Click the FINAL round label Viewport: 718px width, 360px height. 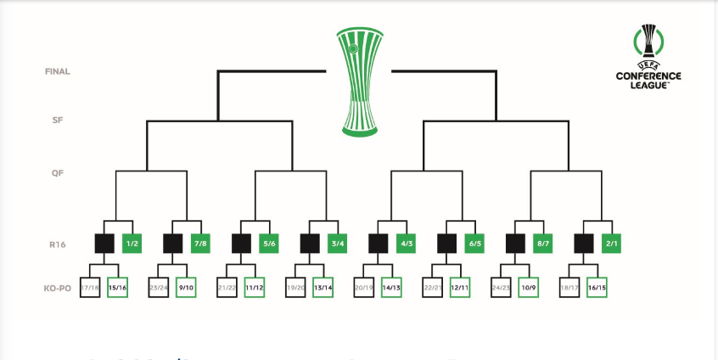coord(58,71)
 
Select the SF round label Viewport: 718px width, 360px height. coord(58,121)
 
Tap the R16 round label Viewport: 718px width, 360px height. coord(58,243)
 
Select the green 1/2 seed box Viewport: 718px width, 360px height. coord(132,244)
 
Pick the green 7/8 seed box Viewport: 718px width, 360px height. coord(200,244)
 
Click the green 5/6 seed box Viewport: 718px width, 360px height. coord(269,244)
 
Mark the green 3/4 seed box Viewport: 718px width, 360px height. coord(338,244)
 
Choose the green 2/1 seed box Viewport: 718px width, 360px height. coord(612,244)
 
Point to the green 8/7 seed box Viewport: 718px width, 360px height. coord(543,244)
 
